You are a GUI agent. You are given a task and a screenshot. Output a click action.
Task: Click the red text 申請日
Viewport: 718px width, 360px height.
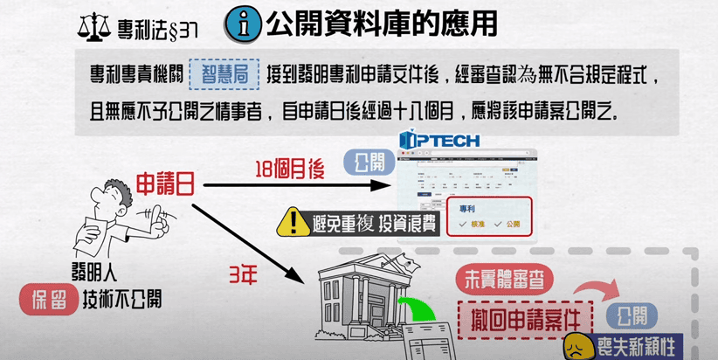165,184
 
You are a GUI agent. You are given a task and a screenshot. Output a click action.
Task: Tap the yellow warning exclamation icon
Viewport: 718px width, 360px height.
292,224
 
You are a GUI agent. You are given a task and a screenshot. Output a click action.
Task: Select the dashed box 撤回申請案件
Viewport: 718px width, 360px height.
524,315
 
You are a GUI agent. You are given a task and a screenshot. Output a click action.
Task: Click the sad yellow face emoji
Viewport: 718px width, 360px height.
577,346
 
